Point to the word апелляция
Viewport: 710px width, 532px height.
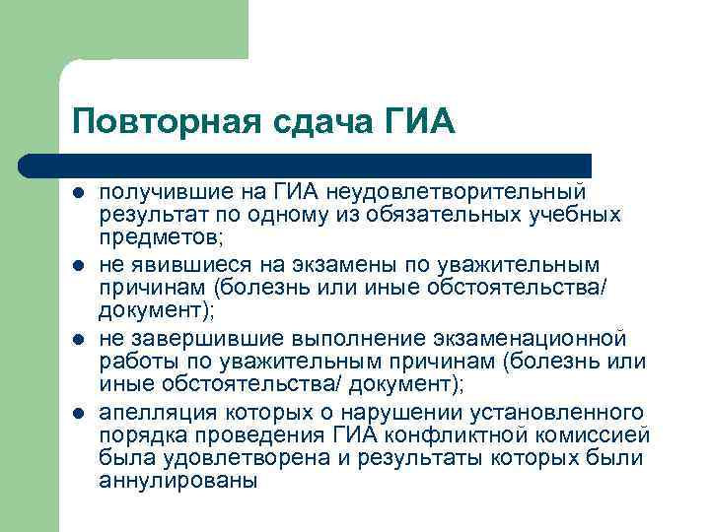pyautogui.click(x=160, y=412)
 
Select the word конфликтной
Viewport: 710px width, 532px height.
pyautogui.click(x=449, y=435)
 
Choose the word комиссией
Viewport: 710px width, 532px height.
pyautogui.click(x=592, y=435)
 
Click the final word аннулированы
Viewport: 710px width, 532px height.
pyautogui.click(x=177, y=482)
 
